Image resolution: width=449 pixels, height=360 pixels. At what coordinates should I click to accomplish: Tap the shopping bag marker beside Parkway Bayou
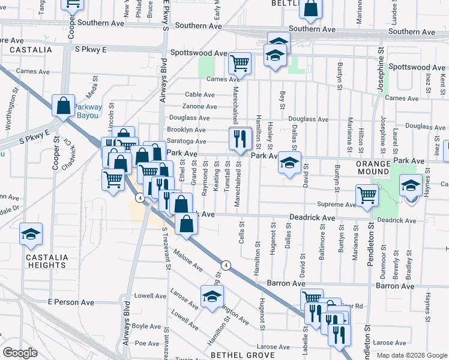pos(64,106)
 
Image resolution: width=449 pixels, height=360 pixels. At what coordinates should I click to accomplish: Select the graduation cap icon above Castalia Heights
pos(31,234)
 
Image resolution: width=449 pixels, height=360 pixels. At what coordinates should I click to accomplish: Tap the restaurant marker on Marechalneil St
pos(240,139)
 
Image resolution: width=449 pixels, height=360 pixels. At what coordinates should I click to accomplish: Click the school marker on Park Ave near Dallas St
pos(289,163)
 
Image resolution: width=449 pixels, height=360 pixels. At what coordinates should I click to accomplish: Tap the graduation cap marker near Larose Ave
pos(212,297)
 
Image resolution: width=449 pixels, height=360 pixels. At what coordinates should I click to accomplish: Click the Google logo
pos(20,353)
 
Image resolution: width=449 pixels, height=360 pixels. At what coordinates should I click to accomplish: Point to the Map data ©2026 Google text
pos(411,355)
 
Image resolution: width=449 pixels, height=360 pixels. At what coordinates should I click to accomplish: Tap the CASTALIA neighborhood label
pos(31,50)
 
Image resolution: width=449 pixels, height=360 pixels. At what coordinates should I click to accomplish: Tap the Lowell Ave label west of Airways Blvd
pos(149,296)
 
